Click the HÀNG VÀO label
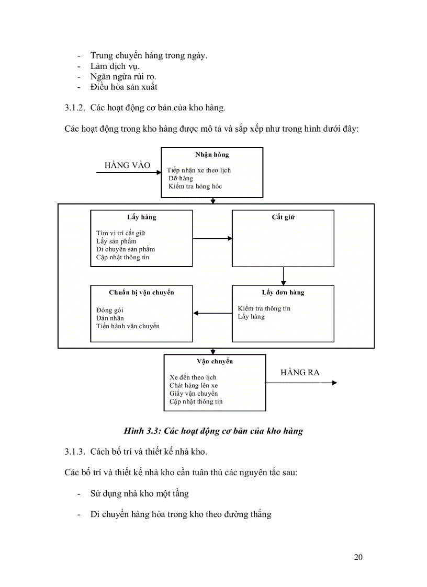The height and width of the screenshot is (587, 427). click(127, 165)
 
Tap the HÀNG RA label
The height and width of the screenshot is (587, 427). click(300, 373)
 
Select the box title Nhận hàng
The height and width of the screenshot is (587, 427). click(212, 155)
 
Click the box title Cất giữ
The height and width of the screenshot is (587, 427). click(283, 217)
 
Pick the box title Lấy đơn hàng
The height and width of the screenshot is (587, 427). click(283, 292)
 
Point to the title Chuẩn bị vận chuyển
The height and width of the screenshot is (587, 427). click(141, 292)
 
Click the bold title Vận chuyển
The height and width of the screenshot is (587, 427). click(215, 361)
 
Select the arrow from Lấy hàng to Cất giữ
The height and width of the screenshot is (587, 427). click(212, 238)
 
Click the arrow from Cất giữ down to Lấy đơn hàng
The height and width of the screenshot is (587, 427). click(283, 274)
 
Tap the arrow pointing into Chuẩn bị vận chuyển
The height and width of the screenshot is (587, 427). click(212, 314)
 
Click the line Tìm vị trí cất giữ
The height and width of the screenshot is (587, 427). click(121, 233)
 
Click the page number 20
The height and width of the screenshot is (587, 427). click(358, 557)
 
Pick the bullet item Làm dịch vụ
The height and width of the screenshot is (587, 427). click(115, 66)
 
